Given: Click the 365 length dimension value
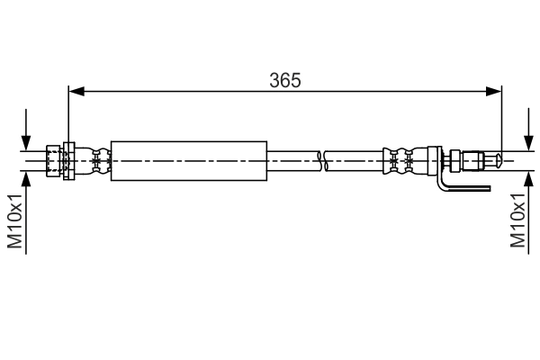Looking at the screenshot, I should pyautogui.click(x=284, y=79).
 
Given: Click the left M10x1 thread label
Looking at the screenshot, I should pyautogui.click(x=15, y=220).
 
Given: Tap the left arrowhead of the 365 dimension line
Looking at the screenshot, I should pyautogui.click(x=76, y=91).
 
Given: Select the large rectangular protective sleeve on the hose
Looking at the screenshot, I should pyautogui.click(x=189, y=161).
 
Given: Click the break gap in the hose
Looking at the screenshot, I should pyautogui.click(x=323, y=161).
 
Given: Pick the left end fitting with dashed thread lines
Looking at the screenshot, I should pyautogui.click(x=53, y=161).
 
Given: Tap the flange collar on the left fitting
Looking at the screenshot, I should pyautogui.click(x=67, y=161).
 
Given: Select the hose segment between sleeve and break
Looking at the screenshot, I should pyautogui.click(x=293, y=161).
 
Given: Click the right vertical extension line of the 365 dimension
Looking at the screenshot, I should pyautogui.click(x=501, y=117).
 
